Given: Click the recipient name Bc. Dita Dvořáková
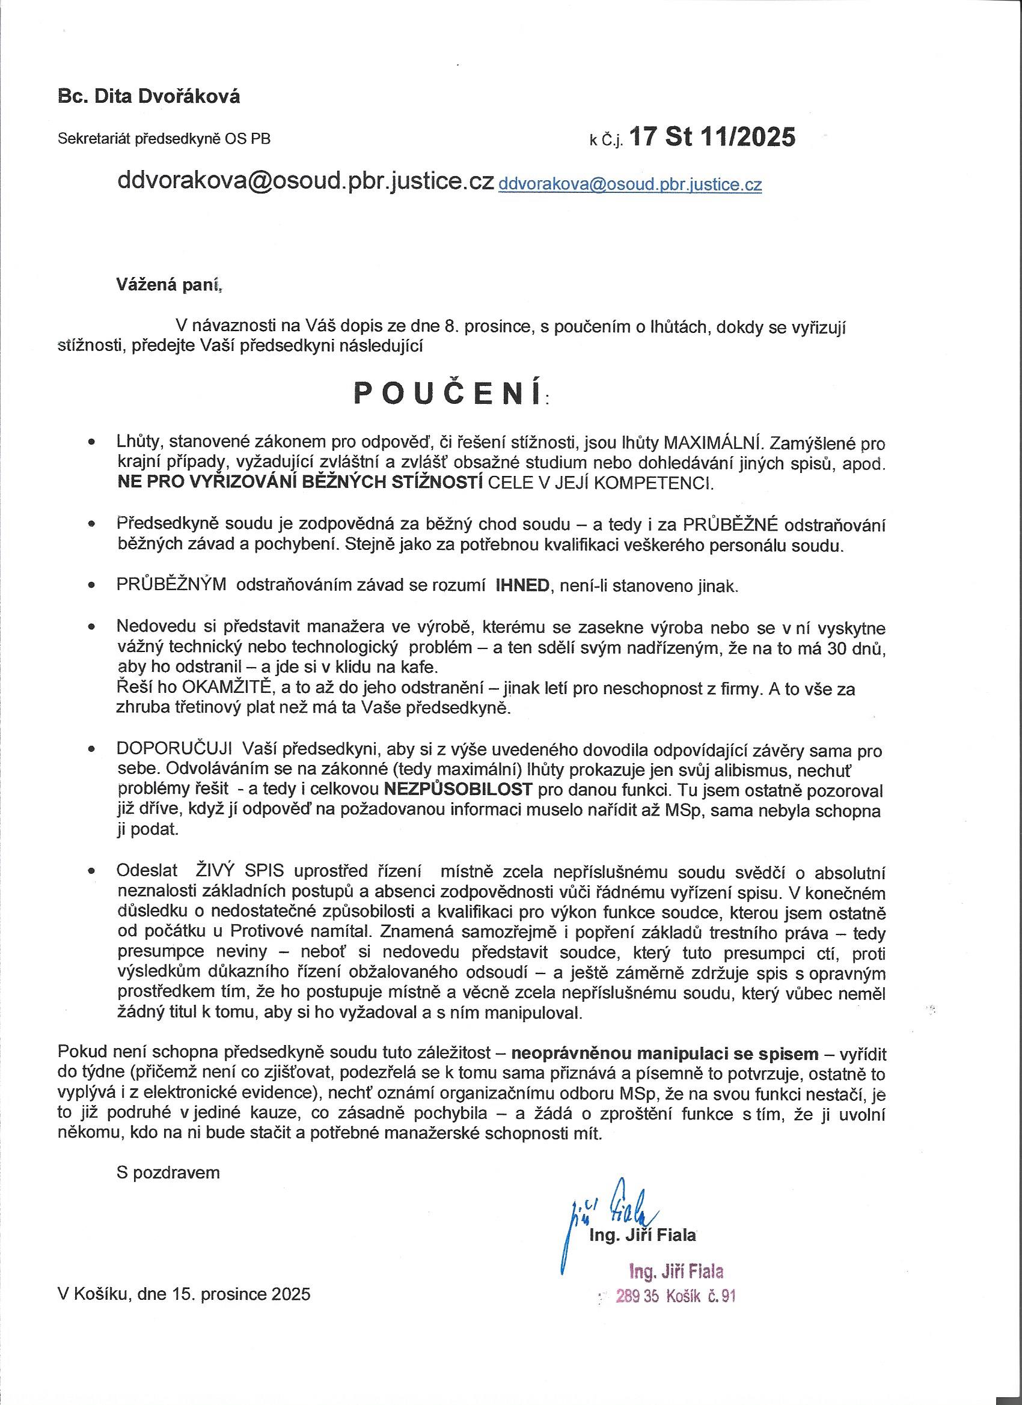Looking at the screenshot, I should click(148, 97).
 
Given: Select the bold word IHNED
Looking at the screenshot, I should click(523, 586).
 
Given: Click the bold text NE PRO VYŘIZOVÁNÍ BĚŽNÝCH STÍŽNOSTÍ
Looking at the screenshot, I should click(300, 483).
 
